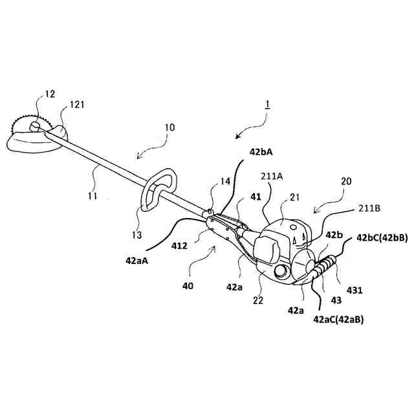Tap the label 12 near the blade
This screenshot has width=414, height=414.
pos(50,94)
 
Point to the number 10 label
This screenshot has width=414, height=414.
pos(169,128)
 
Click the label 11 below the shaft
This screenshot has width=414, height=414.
pos(93,195)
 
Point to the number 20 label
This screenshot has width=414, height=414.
pos(345,182)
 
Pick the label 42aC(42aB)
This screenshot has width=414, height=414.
pos(338,319)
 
